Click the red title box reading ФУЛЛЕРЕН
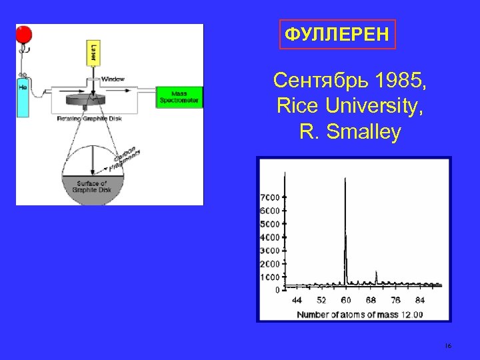(337, 33)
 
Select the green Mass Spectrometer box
(179, 97)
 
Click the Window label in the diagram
(113, 79)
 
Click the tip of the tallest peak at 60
(345, 179)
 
